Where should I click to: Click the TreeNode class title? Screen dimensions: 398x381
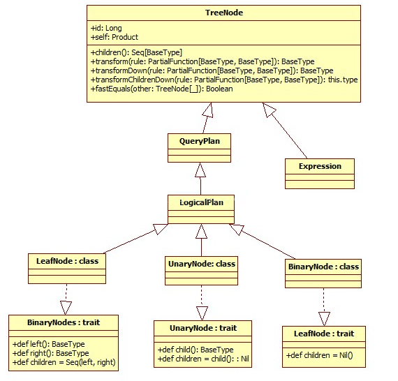(x=224, y=13)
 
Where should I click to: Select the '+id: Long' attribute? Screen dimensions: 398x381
(x=106, y=28)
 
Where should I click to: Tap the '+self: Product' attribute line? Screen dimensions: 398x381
(x=115, y=37)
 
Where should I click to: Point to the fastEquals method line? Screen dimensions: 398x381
(x=162, y=89)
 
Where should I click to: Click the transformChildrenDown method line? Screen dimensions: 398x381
(x=224, y=80)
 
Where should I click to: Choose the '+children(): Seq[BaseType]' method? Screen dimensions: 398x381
(x=136, y=52)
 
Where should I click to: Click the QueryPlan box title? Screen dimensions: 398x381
(x=200, y=141)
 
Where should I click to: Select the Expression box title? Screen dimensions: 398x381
(x=320, y=166)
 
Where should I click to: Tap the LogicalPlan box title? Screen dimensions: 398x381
(x=201, y=202)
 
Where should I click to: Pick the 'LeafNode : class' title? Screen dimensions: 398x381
(x=67, y=261)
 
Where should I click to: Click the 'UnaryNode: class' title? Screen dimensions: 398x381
(x=202, y=264)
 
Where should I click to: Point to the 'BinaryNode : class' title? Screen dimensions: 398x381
(x=323, y=267)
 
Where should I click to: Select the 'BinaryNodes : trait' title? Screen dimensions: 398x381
(x=64, y=322)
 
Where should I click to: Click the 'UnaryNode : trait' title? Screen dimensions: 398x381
(x=203, y=328)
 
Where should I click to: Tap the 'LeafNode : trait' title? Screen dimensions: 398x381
(x=324, y=334)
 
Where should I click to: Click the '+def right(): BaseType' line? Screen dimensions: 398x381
(x=50, y=353)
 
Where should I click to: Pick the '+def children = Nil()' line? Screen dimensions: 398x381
(x=319, y=355)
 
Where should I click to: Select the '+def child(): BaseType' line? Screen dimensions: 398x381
(x=196, y=350)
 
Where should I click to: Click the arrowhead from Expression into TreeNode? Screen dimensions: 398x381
(x=269, y=110)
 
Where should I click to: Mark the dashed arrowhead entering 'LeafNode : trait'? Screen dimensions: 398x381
(x=324, y=319)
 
